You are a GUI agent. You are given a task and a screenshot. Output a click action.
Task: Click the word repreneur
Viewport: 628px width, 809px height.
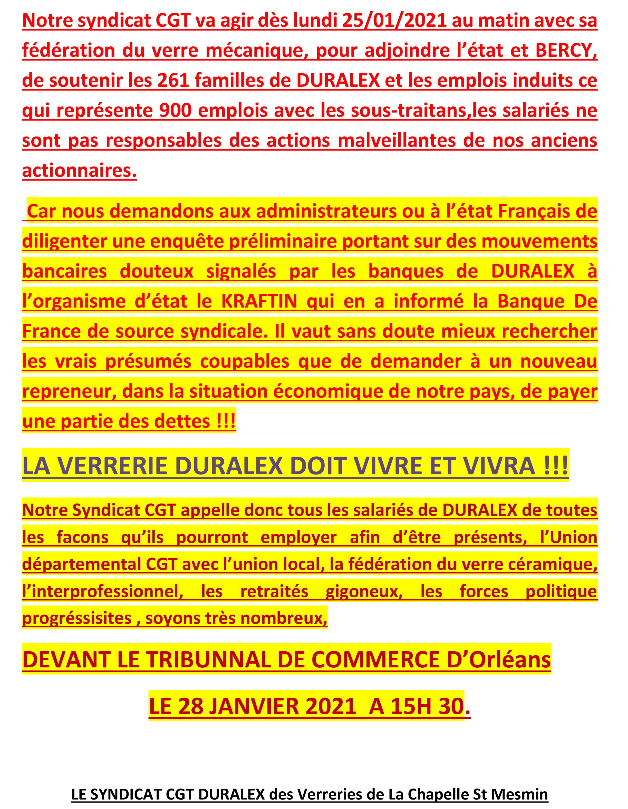tap(68, 391)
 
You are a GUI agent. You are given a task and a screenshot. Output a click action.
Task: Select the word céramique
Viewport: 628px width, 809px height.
tap(552, 564)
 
